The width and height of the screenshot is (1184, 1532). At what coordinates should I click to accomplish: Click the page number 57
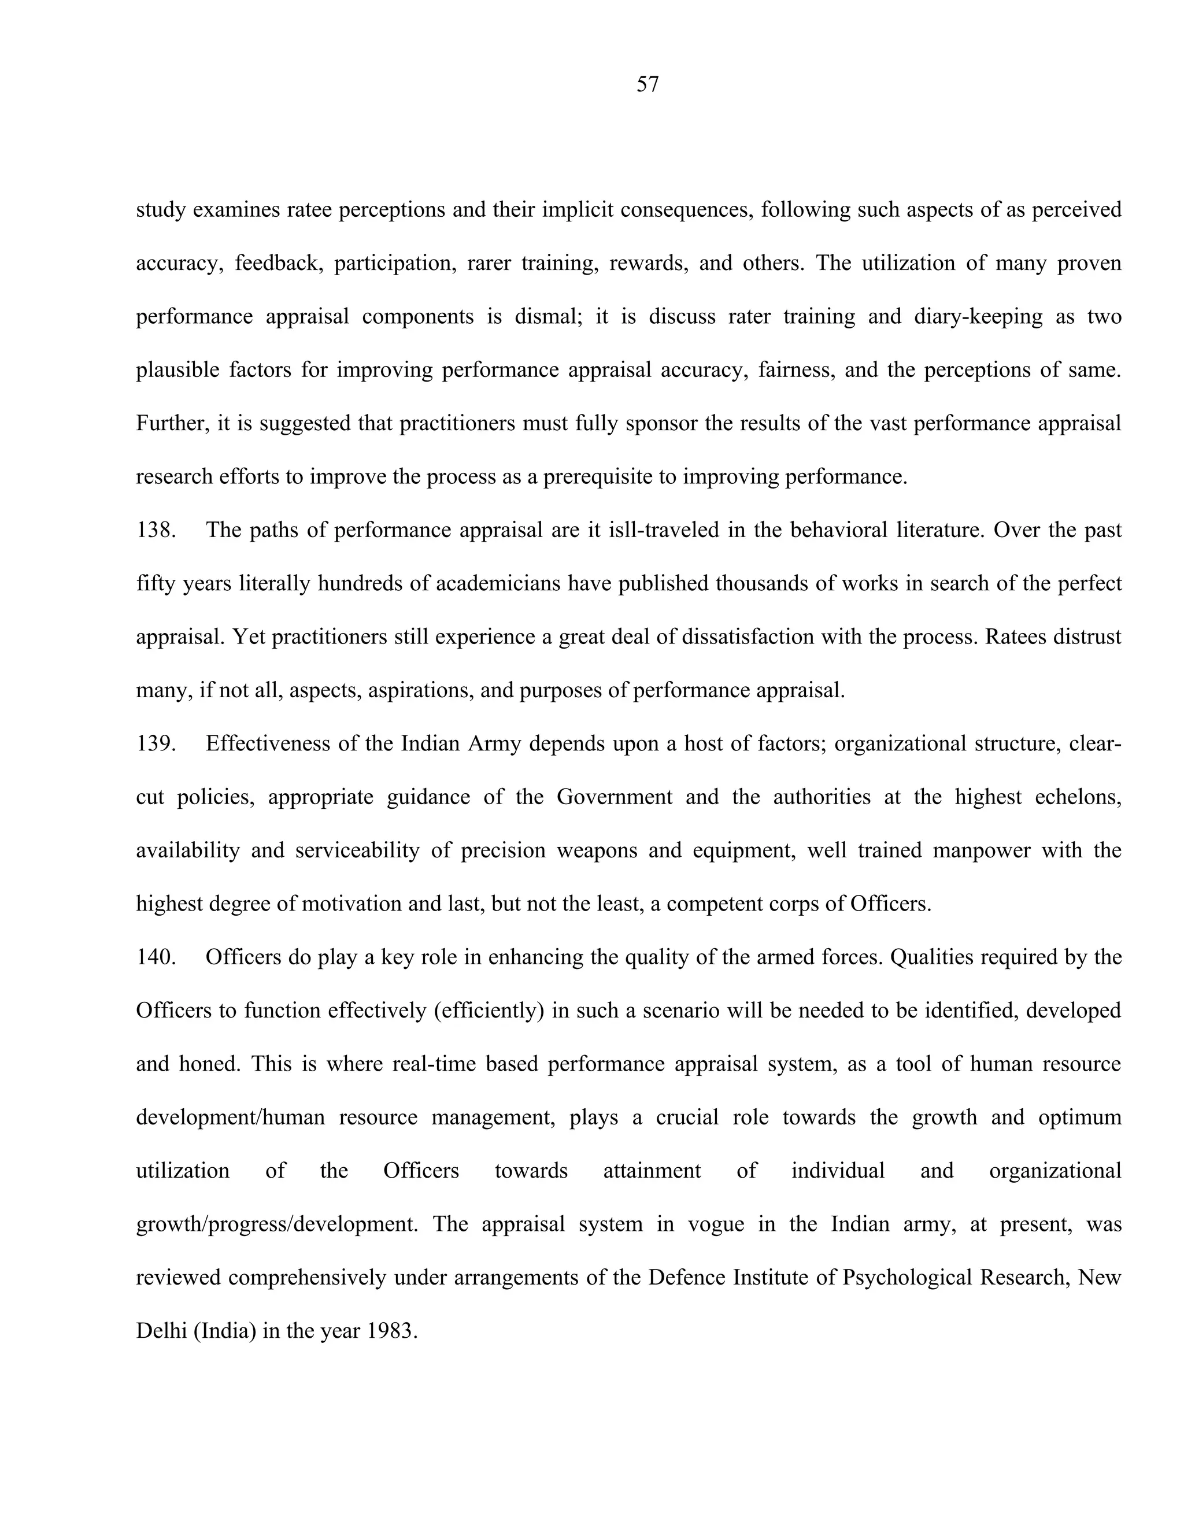(x=647, y=85)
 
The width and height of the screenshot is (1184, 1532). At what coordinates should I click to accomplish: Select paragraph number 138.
(x=155, y=530)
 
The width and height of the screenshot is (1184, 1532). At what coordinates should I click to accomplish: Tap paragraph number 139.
(x=155, y=743)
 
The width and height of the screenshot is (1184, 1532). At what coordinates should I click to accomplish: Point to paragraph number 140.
(x=155, y=957)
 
